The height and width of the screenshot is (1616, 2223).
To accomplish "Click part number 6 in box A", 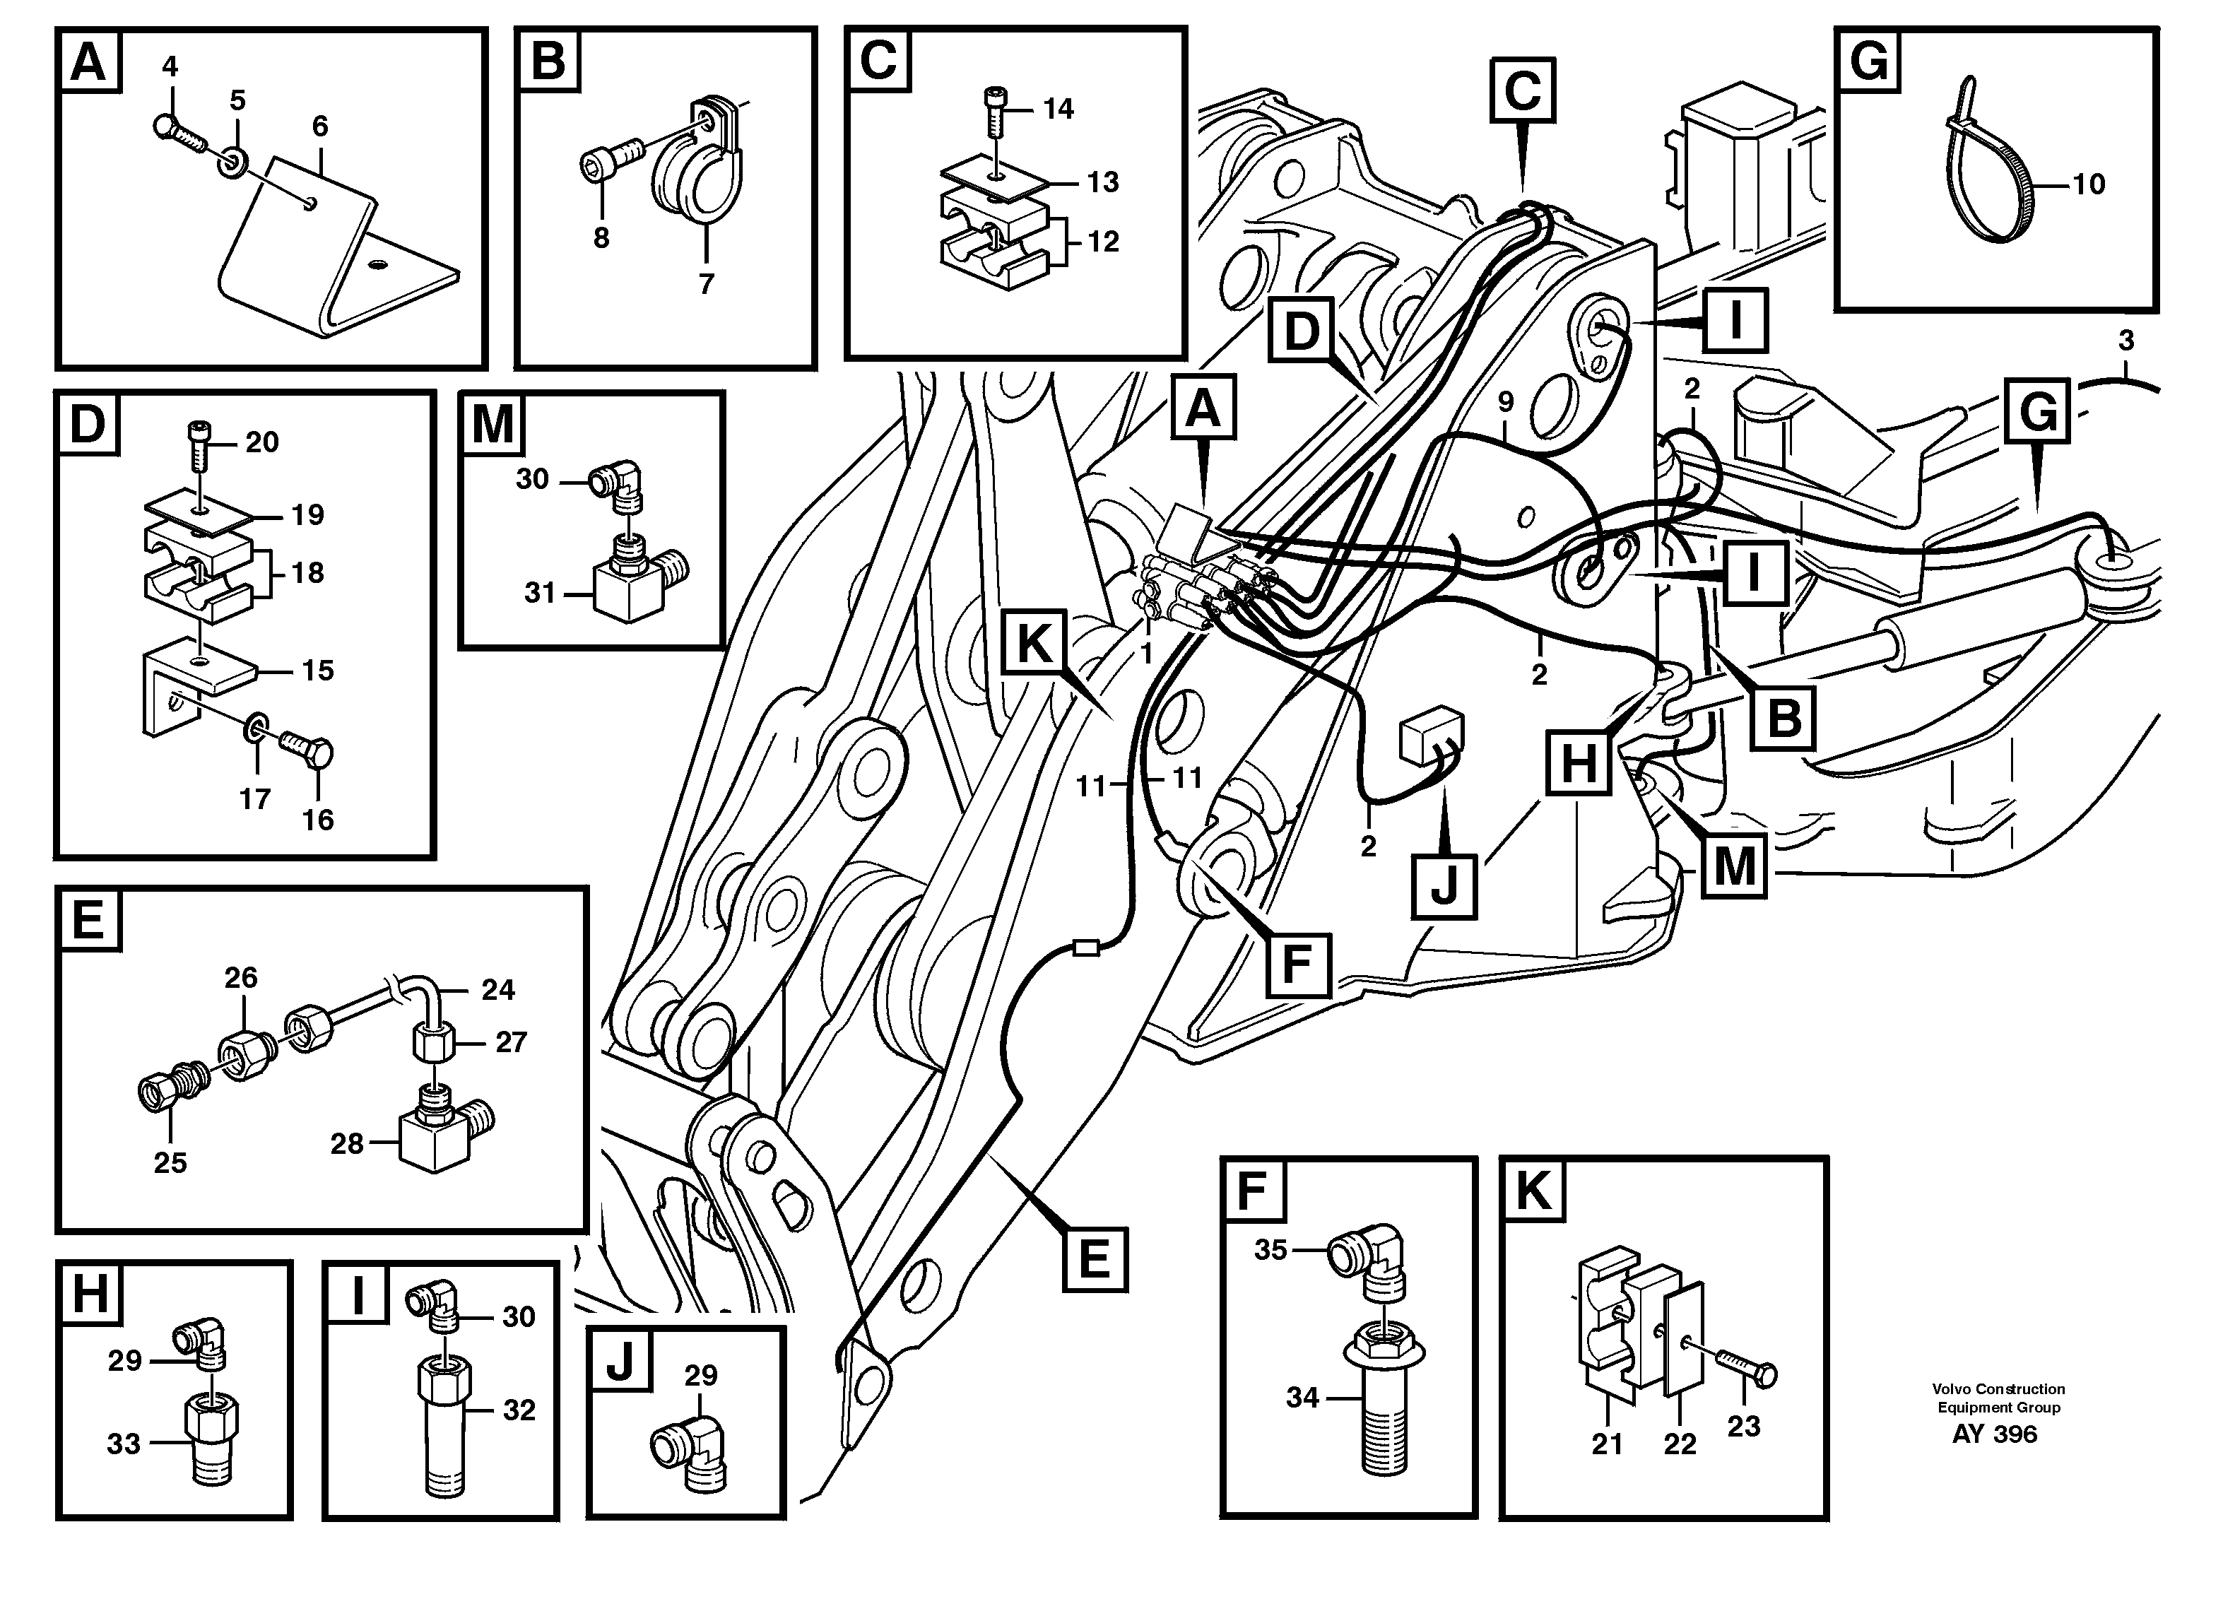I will pos(319,126).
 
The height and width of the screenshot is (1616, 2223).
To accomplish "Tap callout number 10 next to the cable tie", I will pos(2088,184).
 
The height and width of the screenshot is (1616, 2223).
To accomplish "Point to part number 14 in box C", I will pos(1058,109).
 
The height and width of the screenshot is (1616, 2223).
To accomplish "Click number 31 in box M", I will pos(539,593).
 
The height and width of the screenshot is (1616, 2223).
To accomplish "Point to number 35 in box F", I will pos(1270,1251).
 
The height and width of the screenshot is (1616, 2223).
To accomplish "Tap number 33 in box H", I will pos(124,1444).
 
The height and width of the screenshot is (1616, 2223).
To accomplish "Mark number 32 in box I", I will pos(519,1410).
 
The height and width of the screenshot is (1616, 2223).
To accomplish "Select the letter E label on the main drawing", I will pos(1093,1258).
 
